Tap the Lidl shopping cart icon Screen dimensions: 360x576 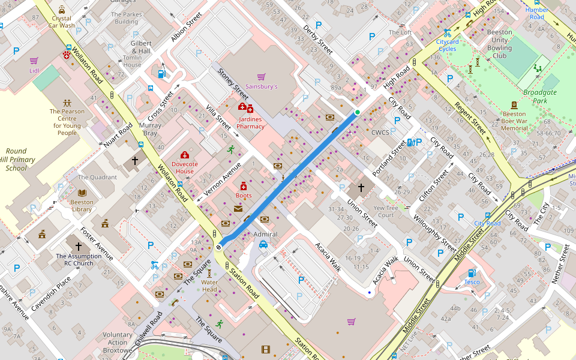click(x=34, y=61)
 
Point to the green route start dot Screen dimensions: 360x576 click(x=358, y=112)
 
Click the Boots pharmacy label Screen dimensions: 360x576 click(x=244, y=196)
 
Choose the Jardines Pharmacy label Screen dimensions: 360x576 click(x=250, y=122)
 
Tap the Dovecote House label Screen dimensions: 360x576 click(x=184, y=167)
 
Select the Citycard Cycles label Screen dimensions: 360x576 click(x=447, y=45)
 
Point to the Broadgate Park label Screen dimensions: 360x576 click(x=540, y=97)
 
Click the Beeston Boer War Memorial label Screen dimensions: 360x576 click(x=514, y=121)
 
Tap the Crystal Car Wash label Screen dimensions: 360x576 click(x=62, y=22)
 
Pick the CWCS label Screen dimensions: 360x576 click(x=380, y=133)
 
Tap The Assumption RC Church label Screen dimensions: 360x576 click(x=78, y=259)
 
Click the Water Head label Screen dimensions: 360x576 click(x=209, y=286)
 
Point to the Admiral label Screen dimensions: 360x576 click(x=266, y=234)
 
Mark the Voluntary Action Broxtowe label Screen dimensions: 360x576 click(x=118, y=343)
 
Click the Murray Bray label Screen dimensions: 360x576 click(x=150, y=130)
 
